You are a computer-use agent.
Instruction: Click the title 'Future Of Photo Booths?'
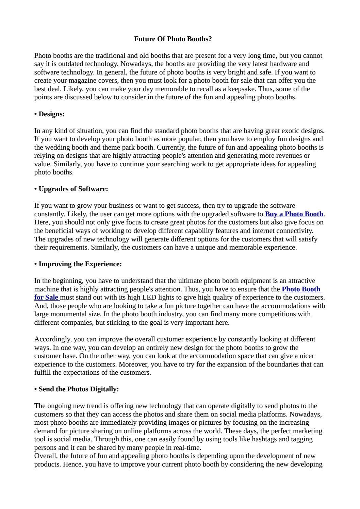click(x=173, y=39)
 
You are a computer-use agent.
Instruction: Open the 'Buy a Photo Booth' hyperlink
click(x=294, y=214)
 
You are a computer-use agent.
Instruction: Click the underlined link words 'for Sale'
click(x=46, y=298)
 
